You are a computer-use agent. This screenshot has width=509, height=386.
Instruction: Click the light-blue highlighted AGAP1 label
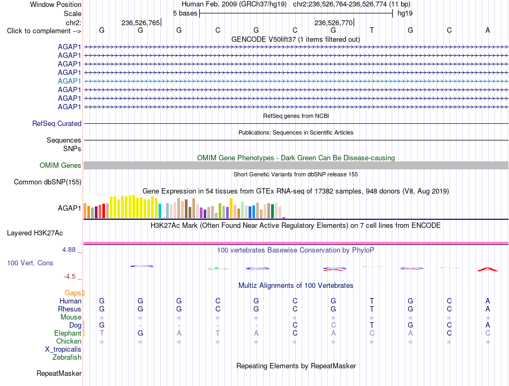click(69, 81)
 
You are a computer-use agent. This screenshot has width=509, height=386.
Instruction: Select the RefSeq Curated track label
click(57, 124)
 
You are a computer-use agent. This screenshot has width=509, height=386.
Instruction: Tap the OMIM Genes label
click(60, 165)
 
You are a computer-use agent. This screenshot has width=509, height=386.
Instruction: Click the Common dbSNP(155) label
click(47, 182)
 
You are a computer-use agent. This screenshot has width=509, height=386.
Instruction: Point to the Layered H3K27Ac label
click(35, 233)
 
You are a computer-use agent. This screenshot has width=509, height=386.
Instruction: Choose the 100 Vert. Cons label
click(30, 263)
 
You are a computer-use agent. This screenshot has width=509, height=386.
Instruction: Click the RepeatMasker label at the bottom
click(59, 373)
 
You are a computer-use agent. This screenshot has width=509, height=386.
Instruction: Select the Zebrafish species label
click(67, 358)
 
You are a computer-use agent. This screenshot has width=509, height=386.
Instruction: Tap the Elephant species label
click(68, 333)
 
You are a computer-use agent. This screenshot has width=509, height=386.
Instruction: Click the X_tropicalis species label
click(63, 350)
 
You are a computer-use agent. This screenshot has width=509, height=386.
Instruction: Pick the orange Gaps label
click(74, 293)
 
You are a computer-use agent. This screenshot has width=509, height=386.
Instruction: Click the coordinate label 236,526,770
click(334, 23)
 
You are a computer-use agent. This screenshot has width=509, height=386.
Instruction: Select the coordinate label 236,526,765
click(140, 23)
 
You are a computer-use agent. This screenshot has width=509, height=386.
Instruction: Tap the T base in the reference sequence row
click(372, 30)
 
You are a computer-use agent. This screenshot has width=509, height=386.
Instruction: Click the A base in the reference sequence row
click(488, 30)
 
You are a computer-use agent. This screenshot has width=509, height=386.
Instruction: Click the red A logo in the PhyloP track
click(487, 269)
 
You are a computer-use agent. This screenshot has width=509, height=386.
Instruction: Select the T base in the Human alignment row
click(372, 301)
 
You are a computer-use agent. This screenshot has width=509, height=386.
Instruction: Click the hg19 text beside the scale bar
click(405, 13)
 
